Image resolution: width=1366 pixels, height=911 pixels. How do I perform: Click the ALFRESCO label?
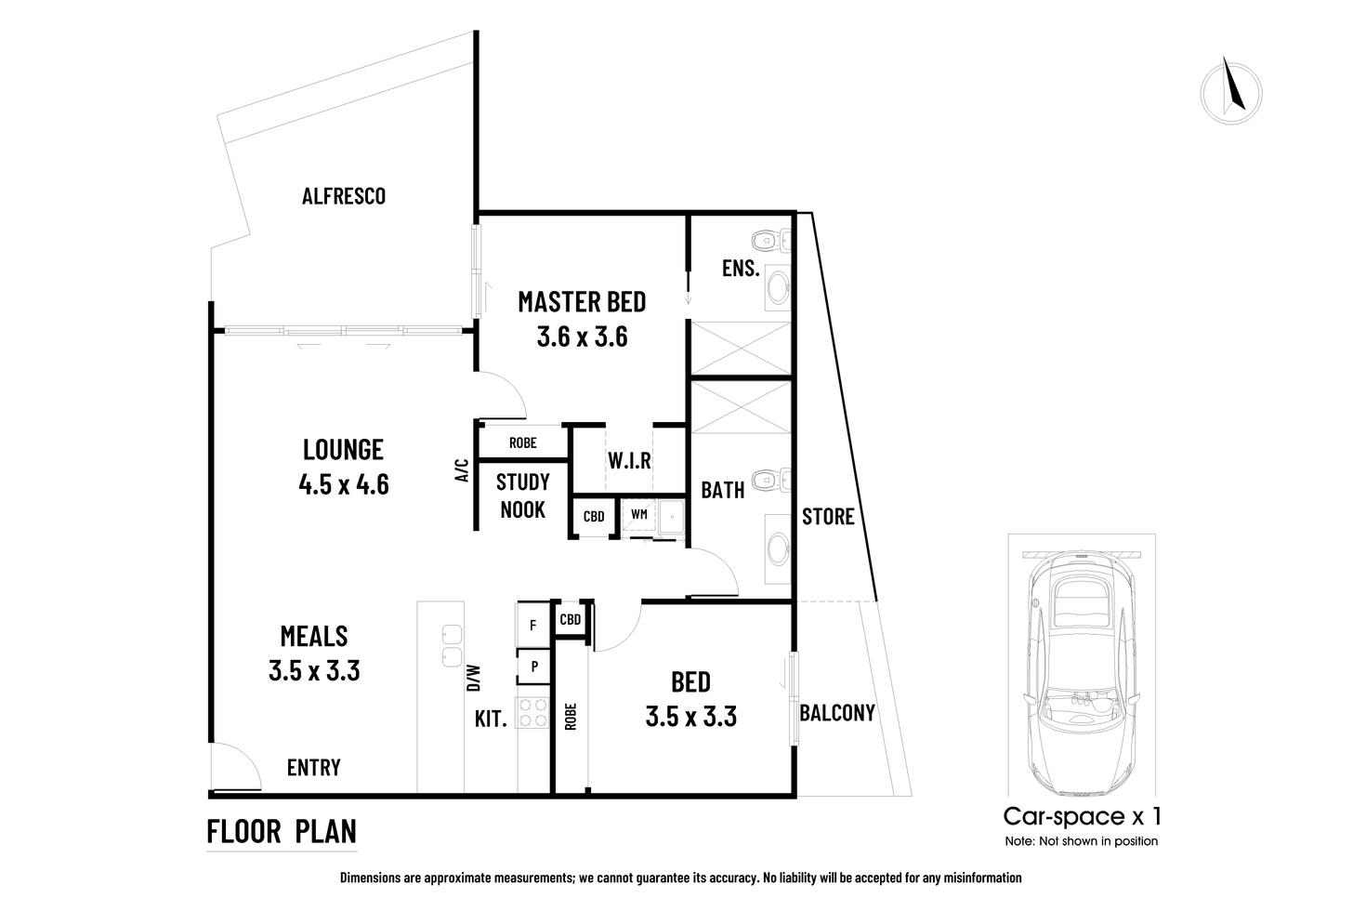(343, 196)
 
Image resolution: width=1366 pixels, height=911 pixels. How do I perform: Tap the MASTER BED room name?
(582, 302)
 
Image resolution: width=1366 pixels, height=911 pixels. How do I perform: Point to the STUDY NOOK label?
(522, 495)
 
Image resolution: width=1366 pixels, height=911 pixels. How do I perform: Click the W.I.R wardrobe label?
(629, 461)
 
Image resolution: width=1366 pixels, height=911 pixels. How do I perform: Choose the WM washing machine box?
(639, 514)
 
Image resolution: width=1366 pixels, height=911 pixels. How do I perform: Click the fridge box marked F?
(532, 626)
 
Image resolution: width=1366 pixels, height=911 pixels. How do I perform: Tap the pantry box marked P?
(534, 667)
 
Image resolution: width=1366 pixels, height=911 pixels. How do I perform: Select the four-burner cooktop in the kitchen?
(533, 712)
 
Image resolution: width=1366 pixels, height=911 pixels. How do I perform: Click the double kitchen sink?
(453, 644)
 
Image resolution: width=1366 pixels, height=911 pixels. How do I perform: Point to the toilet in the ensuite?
(769, 241)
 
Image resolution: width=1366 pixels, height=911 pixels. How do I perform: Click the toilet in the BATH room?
(769, 481)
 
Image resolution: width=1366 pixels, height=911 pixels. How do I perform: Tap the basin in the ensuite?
(776, 289)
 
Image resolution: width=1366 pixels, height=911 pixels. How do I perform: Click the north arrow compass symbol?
(1230, 91)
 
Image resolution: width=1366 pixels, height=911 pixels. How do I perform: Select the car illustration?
(1083, 669)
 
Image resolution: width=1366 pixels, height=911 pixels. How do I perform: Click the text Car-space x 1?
(1082, 816)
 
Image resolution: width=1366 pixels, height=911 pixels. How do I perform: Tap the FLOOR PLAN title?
(282, 830)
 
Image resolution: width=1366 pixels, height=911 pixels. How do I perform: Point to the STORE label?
(827, 516)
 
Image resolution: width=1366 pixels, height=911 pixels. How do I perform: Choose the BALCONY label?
(837, 713)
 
